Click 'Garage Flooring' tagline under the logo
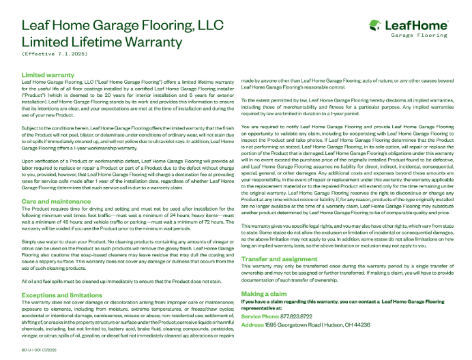tap(424, 35)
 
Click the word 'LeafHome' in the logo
tap(417, 25)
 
